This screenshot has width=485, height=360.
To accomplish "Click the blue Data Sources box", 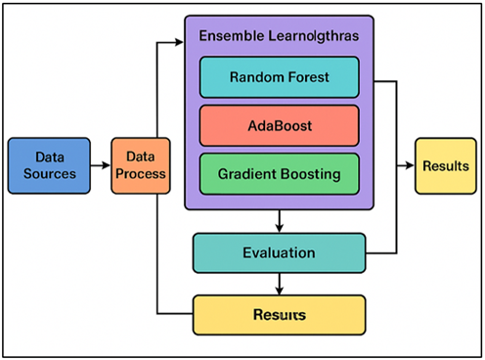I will click(x=48, y=165).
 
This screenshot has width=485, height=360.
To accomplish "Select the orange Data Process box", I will click(x=139, y=165).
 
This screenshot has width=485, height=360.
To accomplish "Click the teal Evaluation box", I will click(x=279, y=253).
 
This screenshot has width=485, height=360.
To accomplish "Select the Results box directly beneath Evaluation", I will click(x=279, y=315).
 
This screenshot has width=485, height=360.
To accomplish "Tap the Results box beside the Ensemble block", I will click(x=445, y=165).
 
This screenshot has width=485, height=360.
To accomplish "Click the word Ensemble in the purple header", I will click(x=231, y=36).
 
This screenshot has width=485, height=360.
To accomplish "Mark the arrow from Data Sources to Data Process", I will click(x=101, y=165).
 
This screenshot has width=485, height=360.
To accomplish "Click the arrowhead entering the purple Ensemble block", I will click(x=180, y=42).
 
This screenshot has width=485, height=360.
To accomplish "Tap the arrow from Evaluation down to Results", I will click(x=282, y=284).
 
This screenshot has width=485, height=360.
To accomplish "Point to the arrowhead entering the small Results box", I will click(x=411, y=165).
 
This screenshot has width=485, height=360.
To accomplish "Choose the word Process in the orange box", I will click(x=139, y=174).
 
